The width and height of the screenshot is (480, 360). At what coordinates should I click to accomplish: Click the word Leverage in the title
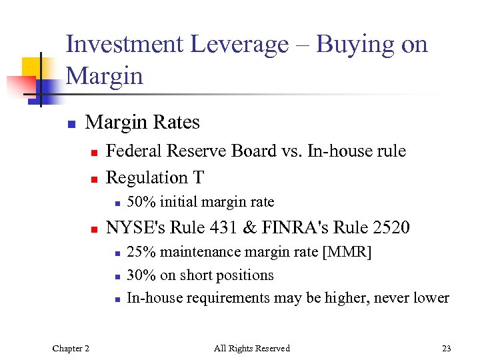239,45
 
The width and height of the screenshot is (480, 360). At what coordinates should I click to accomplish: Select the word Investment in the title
125,45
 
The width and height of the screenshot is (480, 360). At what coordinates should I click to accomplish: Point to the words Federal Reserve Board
177,151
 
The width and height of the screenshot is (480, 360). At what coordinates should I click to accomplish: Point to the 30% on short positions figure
140,275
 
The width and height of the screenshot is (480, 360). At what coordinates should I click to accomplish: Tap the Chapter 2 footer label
71,348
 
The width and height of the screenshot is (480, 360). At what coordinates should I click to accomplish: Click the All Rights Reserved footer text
251,348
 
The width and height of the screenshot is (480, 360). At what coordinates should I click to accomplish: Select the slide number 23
446,348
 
